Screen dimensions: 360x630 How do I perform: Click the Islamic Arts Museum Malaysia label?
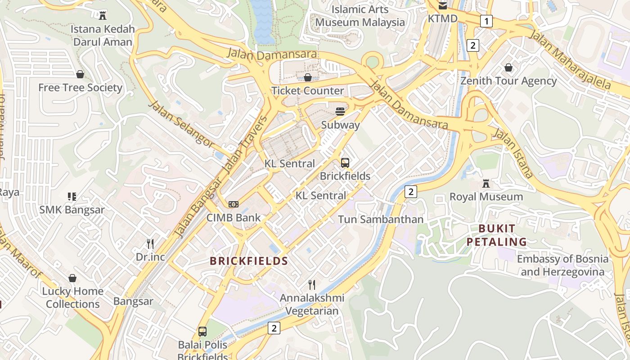pyautogui.click(x=360, y=16)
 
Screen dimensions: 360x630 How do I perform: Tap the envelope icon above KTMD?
pyautogui.click(x=443, y=6)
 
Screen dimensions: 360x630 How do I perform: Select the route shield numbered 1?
pyautogui.click(x=486, y=21)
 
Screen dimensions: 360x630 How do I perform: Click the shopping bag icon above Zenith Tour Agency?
pyautogui.click(x=508, y=68)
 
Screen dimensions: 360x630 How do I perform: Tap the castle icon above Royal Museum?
pyautogui.click(x=486, y=184)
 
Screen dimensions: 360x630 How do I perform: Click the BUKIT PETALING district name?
pyautogui.click(x=496, y=235)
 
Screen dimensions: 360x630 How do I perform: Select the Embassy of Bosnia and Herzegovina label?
pyautogui.click(x=562, y=265)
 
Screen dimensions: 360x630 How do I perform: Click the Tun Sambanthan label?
pyautogui.click(x=380, y=220)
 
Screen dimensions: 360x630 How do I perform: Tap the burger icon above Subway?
pyautogui.click(x=340, y=112)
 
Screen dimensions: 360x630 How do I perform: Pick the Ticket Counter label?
pyautogui.click(x=308, y=90)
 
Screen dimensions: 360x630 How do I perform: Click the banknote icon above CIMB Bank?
pyautogui.click(x=233, y=204)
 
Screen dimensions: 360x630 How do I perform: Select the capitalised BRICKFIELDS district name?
pyautogui.click(x=249, y=261)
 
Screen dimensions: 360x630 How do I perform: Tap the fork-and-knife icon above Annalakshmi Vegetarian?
pyautogui.click(x=311, y=284)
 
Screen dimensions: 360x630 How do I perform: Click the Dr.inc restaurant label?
pyautogui.click(x=150, y=257)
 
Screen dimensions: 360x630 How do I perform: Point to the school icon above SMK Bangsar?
pyautogui.click(x=72, y=197)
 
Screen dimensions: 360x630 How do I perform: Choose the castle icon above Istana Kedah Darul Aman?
pyautogui.click(x=103, y=16)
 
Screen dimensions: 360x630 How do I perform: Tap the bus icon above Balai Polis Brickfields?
pyautogui.click(x=202, y=332)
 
